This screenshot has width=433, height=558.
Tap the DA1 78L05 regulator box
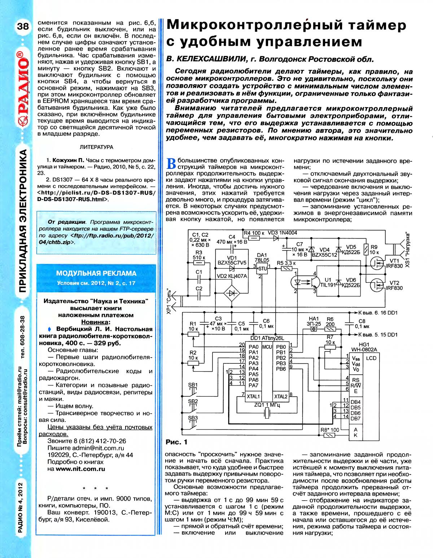(x=262, y=267)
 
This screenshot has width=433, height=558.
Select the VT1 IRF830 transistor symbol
(x=376, y=263)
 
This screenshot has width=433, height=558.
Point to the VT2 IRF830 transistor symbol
(x=376, y=287)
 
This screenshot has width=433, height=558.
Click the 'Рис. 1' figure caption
(x=176, y=442)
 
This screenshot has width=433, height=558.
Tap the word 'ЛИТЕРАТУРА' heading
(x=96, y=147)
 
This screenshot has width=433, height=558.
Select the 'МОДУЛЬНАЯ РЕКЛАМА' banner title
(x=96, y=274)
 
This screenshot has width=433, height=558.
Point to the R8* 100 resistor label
(x=330, y=430)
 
